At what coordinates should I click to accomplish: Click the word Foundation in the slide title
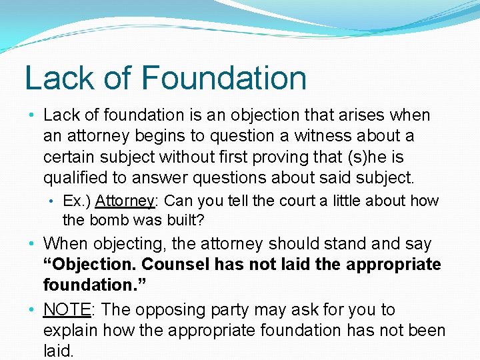(224, 78)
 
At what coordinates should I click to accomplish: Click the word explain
(71, 330)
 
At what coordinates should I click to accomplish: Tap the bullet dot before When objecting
(32, 244)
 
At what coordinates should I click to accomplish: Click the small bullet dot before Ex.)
(52, 201)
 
